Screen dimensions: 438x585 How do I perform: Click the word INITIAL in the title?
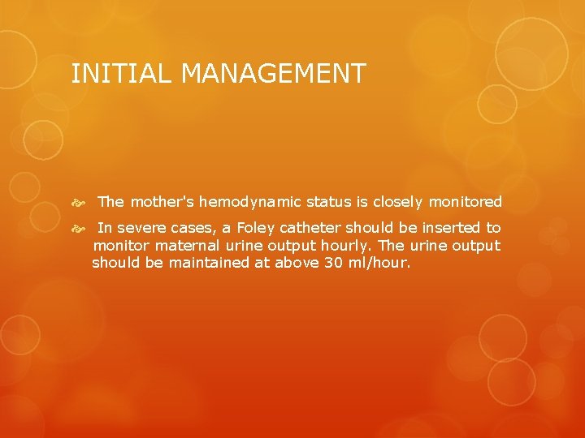click(122, 74)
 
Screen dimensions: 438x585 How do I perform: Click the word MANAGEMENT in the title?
click(273, 74)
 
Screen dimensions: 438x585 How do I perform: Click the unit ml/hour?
click(382, 263)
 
